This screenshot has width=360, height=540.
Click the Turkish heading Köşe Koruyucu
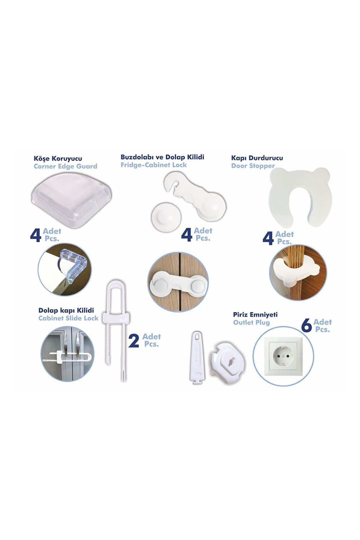58,158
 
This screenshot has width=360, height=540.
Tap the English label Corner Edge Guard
65,166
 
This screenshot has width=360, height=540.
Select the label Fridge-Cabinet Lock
154,165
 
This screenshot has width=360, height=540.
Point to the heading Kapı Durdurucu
257,158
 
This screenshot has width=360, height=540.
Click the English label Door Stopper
253,166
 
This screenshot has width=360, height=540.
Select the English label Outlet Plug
251,323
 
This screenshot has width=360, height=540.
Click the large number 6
306,326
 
